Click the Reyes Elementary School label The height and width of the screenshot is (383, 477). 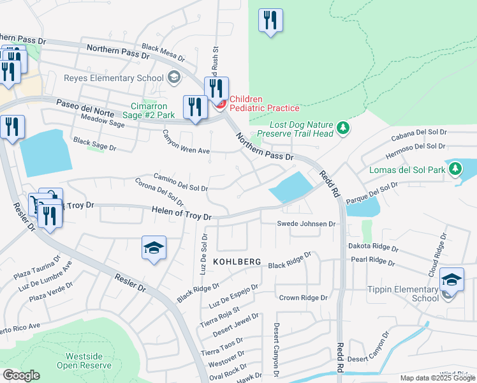click(114, 79)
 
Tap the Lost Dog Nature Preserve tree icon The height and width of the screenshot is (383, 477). click(344, 128)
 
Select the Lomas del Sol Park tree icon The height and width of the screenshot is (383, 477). click(455, 169)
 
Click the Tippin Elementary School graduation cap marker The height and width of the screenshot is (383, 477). click(451, 281)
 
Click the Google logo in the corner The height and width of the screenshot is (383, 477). click(20, 375)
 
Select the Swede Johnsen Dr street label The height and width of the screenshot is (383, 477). click(305, 224)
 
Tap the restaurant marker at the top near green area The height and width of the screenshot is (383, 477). click(270, 20)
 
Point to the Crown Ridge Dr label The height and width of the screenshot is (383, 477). click(303, 298)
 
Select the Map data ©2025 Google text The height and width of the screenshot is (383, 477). click(437, 378)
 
